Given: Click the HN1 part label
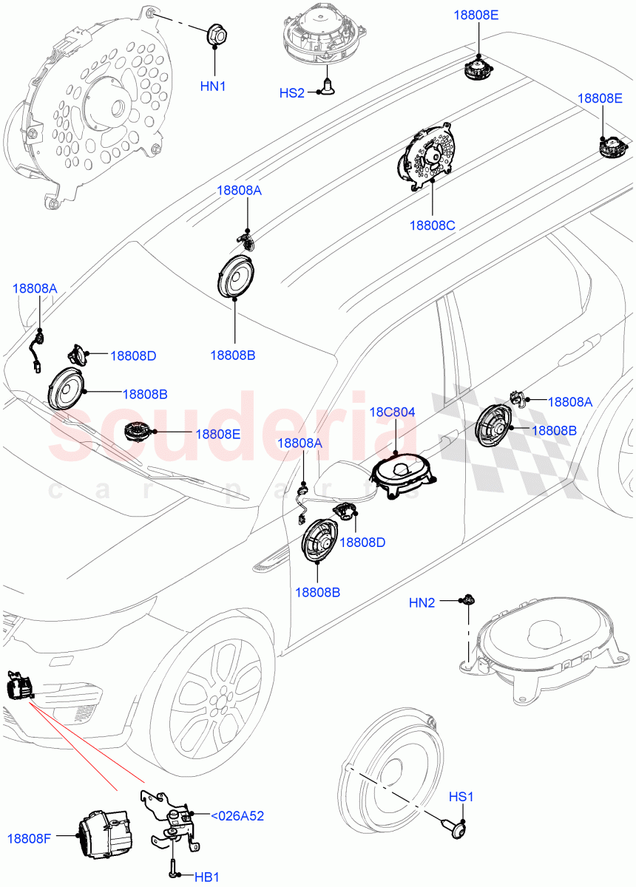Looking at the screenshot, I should point(213,86).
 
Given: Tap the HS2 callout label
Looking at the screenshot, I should point(291,93).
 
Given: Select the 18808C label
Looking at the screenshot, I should point(433,225).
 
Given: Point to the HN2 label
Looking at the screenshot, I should point(422,603).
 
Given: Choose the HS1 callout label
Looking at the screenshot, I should point(461,798).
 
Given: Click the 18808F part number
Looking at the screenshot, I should point(30,838).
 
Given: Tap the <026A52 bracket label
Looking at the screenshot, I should point(237,816).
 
